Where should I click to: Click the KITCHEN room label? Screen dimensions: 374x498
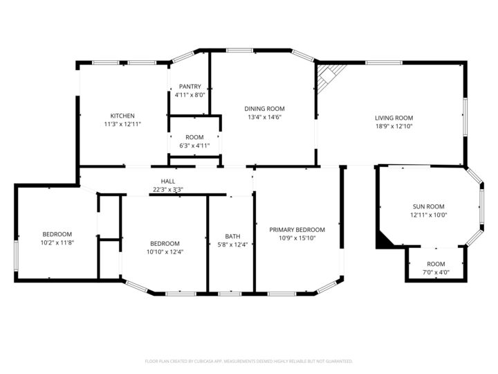click(122, 116)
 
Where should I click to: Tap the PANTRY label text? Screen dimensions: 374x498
click(190, 87)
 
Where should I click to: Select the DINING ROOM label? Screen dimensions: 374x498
click(264, 109)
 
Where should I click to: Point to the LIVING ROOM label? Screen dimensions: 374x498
click(394, 118)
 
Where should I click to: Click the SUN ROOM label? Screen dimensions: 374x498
click(428, 206)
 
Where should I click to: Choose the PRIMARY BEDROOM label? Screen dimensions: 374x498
click(297, 230)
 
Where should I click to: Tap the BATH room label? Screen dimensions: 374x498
click(232, 236)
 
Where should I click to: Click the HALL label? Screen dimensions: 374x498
click(167, 181)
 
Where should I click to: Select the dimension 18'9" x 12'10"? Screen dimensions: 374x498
click(394, 127)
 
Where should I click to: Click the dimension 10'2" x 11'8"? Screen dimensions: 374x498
click(57, 243)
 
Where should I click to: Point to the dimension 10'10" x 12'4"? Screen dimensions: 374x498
click(165, 252)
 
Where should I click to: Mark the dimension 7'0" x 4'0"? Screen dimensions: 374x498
click(436, 272)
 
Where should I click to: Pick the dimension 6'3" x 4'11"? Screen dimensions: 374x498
click(194, 145)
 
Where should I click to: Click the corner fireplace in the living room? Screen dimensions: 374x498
click(329, 76)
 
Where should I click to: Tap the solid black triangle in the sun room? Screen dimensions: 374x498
click(382, 240)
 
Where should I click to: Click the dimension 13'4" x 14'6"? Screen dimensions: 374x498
click(264, 117)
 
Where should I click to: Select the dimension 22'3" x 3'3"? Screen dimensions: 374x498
click(167, 190)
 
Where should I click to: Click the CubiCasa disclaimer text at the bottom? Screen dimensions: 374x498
click(249, 361)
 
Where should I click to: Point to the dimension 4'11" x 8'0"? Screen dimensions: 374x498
click(190, 95)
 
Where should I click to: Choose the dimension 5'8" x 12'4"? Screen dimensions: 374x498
click(232, 244)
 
